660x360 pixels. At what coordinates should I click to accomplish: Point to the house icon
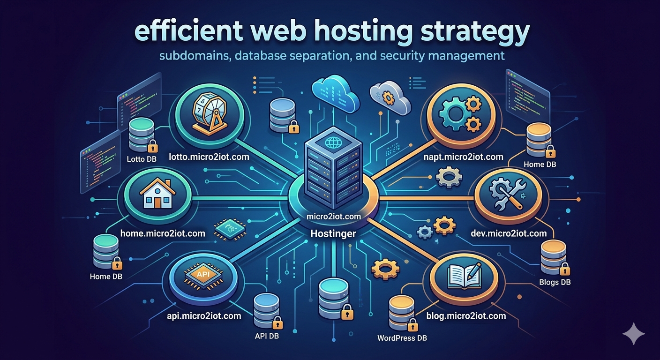[x=158, y=194]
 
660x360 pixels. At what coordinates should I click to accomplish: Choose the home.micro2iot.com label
[x=163, y=232]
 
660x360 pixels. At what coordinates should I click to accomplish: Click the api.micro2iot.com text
[x=204, y=315]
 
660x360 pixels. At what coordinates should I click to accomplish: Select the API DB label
[x=268, y=336]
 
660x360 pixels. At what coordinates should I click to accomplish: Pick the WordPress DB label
[x=402, y=337]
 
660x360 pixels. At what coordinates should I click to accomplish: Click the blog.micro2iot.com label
[x=466, y=315]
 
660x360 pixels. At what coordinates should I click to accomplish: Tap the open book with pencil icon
[x=465, y=274]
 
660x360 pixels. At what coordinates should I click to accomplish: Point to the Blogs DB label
[x=555, y=282]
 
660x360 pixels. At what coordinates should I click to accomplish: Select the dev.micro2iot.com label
[x=509, y=233]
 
